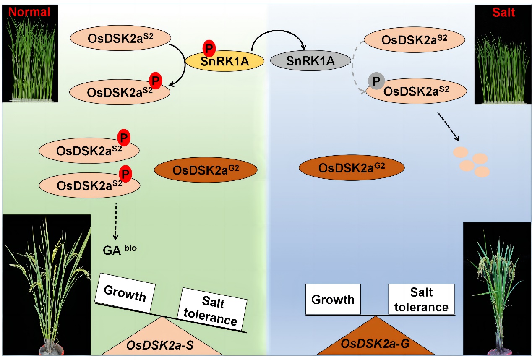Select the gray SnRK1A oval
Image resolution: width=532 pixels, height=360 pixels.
coord(310,61)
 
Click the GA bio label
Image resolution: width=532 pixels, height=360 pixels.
coord(120,250)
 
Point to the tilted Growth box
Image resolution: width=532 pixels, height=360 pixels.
coord(125,293)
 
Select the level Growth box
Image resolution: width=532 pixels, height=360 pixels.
coord(333,299)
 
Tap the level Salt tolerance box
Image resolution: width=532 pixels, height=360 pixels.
coord(421,299)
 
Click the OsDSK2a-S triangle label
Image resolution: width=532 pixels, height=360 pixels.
coord(162,345)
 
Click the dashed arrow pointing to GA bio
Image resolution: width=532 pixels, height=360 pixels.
coord(116,221)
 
